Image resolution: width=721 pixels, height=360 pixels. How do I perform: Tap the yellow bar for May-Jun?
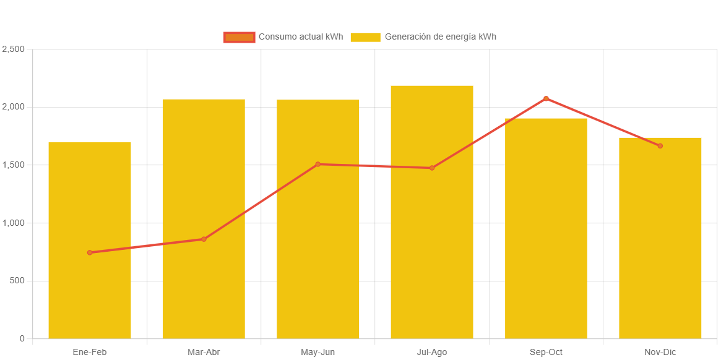point(318,247)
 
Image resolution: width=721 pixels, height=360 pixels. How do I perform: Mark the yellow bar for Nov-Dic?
point(660,247)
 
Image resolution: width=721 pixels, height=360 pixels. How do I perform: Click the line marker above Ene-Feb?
point(90,252)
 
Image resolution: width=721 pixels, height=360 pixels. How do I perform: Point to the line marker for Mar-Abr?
point(204,239)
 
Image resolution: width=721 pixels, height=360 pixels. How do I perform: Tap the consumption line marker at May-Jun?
point(318,164)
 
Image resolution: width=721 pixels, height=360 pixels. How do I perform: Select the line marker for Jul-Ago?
point(432,168)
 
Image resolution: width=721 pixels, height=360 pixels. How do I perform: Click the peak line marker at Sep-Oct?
point(546,98)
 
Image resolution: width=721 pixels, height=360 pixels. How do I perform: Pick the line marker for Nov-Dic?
point(660,146)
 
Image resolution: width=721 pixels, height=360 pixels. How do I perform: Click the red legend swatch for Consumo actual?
point(239,37)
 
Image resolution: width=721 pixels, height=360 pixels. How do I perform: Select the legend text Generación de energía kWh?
point(440,37)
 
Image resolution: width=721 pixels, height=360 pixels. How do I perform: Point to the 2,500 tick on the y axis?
point(13,49)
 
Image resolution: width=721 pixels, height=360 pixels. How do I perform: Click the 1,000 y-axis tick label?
point(13,223)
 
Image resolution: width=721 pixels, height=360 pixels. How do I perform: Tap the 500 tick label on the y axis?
point(17,281)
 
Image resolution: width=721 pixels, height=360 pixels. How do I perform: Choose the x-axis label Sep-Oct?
point(546,352)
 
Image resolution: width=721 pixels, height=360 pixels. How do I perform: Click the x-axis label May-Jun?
point(318,352)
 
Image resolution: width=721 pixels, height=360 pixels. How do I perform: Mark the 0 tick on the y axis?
point(22,338)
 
